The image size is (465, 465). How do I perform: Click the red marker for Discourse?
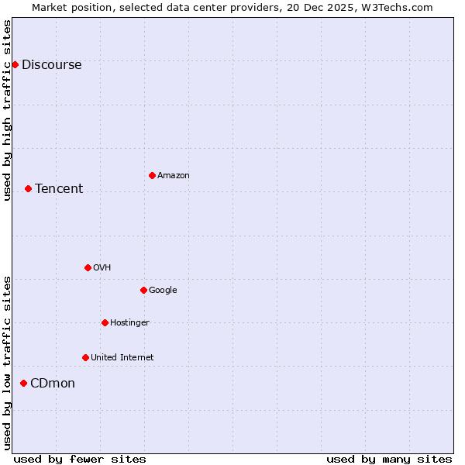point(15,64)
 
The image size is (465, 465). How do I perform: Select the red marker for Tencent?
point(28,188)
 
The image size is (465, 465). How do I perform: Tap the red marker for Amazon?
point(152,175)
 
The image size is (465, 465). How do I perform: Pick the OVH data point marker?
point(88,267)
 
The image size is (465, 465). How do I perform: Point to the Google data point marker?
point(143,290)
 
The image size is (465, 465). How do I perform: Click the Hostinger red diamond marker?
point(105,322)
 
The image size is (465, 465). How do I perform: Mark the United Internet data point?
point(85,357)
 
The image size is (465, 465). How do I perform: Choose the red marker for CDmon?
point(23,383)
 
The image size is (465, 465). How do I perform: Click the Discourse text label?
point(51,65)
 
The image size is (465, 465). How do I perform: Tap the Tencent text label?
point(59,189)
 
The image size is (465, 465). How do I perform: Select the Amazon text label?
point(174,176)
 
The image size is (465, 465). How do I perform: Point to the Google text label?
point(163,291)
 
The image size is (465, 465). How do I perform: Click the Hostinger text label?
point(129,323)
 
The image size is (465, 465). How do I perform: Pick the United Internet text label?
point(122,358)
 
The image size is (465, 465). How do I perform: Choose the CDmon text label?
point(53,384)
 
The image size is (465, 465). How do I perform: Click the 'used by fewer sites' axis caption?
point(80,459)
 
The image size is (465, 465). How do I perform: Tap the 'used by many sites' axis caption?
point(389,459)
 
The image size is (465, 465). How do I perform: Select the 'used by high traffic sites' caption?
point(8,110)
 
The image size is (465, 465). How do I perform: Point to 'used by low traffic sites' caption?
point(8,362)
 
